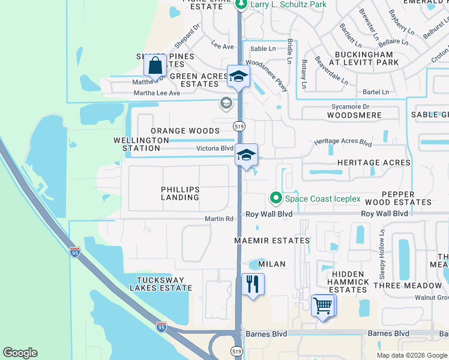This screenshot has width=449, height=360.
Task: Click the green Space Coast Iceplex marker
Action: [x=276, y=197]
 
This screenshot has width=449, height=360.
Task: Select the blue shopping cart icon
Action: [x=323, y=305]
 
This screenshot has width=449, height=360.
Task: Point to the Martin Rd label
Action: [x=221, y=219]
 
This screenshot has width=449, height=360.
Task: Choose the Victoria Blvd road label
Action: [x=214, y=148]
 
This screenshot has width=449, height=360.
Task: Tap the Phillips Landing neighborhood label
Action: [x=180, y=193]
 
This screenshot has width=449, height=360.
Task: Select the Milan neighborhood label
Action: [x=271, y=264]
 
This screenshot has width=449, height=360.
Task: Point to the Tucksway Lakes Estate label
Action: [x=164, y=284]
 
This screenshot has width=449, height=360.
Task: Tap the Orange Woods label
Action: [x=185, y=131]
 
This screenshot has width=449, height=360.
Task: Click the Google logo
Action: [x=20, y=353]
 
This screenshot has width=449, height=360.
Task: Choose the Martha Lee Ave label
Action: [x=157, y=93]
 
